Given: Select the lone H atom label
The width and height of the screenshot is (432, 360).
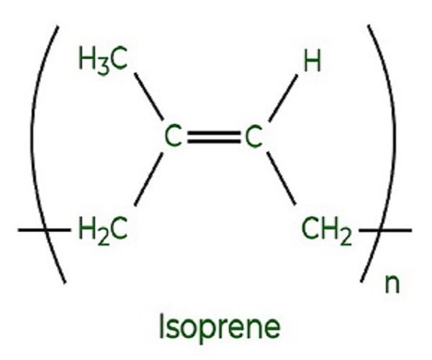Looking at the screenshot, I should (311, 63).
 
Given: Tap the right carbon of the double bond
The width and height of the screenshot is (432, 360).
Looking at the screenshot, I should (251, 138).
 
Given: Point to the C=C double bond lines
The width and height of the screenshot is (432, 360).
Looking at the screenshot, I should (212, 137).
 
